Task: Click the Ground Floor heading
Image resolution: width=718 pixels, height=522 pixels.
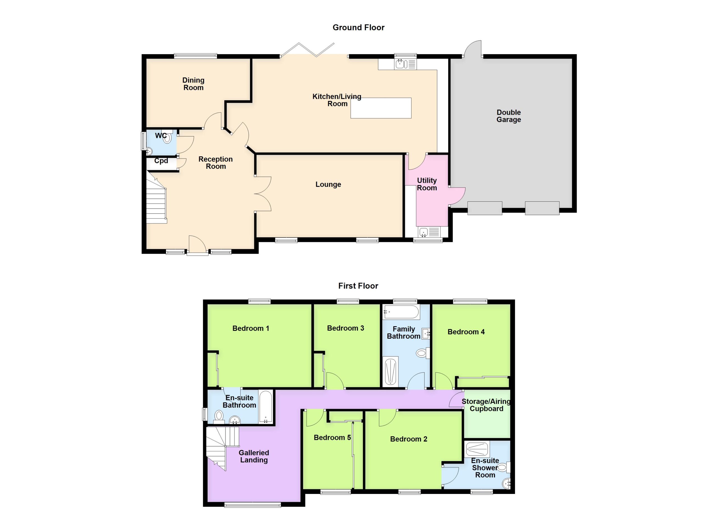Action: (358, 27)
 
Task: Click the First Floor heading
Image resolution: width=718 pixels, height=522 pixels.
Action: (358, 286)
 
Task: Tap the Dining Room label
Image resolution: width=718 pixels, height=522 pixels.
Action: (194, 84)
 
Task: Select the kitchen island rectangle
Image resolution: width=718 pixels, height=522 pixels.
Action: (381, 108)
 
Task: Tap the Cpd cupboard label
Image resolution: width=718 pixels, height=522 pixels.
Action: (161, 161)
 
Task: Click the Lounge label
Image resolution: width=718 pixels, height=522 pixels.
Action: (328, 184)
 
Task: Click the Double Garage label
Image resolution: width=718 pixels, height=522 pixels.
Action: (509, 116)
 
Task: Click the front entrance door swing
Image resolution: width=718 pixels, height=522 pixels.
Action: (197, 244)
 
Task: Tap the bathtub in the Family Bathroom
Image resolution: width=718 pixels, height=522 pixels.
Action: (401, 312)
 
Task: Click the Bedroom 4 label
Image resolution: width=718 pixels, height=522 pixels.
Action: (466, 332)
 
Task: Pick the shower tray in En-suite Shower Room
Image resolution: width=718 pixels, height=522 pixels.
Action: (478, 449)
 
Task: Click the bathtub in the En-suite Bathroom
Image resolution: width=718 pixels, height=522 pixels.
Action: (266, 407)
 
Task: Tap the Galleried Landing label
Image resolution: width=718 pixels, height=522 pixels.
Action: (254, 456)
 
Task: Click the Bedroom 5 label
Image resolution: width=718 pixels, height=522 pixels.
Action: (332, 438)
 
